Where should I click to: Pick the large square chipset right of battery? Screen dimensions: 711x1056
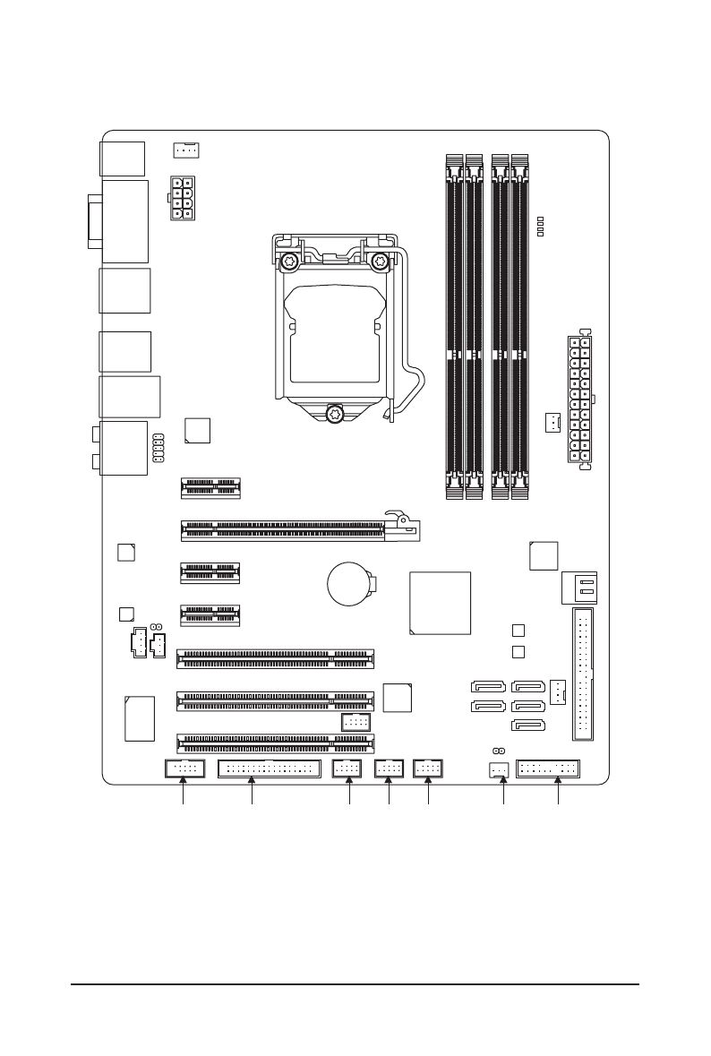point(440,602)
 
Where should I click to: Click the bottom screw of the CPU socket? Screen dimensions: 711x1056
point(336,413)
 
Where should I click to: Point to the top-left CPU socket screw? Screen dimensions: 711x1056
point(290,263)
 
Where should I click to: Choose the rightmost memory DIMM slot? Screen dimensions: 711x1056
point(520,324)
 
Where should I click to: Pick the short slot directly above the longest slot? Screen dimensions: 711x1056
point(210,487)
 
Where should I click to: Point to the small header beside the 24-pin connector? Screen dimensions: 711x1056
point(553,422)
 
